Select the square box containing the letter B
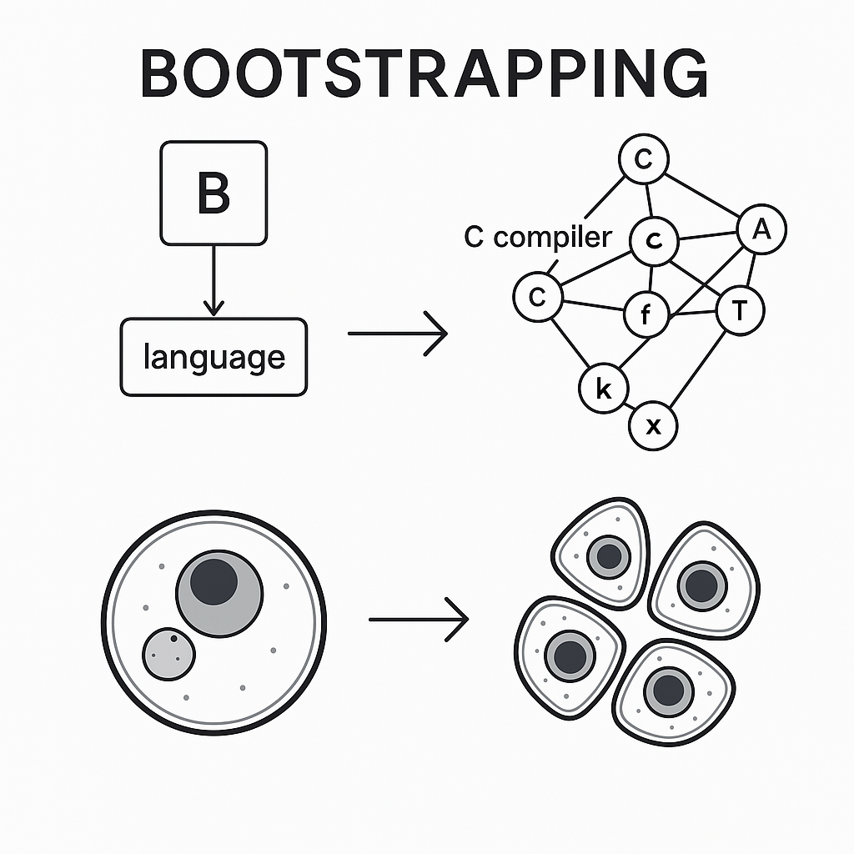[213, 193]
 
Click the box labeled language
[213, 357]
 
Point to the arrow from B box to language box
[214, 281]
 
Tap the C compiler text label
[537, 237]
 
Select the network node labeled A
[761, 230]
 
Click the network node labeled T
[740, 311]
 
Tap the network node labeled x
[654, 426]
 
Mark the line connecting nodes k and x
[629, 408]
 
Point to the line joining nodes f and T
[694, 313]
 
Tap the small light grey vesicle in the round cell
[168, 654]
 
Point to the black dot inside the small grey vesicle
[173, 639]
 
